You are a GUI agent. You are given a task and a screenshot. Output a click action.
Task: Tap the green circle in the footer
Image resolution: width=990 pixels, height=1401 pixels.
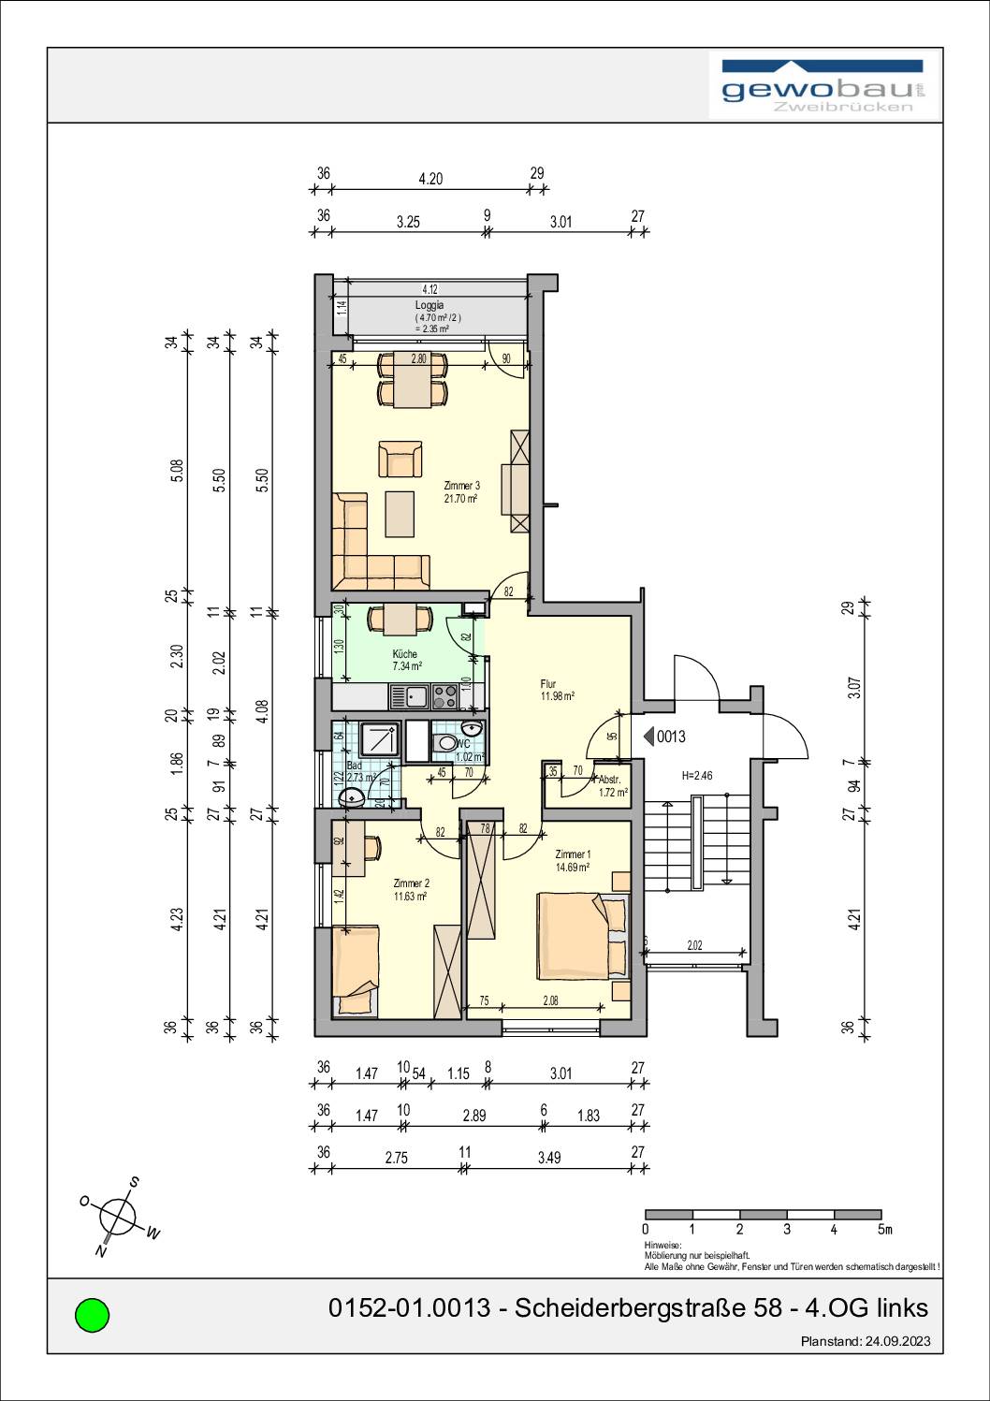[92, 1315]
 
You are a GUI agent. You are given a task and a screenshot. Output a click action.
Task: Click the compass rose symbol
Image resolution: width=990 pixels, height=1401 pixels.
[119, 1217]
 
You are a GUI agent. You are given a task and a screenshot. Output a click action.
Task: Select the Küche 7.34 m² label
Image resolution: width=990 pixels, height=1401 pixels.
[405, 660]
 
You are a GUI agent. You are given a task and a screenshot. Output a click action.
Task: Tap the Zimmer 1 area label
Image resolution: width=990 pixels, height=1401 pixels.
[572, 861]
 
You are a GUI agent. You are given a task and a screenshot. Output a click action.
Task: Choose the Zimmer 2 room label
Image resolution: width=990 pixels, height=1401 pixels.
[411, 889]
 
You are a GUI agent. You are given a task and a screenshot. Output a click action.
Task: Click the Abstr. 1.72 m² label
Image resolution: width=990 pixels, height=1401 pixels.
[612, 785]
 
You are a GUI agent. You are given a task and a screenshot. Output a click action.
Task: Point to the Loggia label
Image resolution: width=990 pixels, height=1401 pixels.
[429, 305]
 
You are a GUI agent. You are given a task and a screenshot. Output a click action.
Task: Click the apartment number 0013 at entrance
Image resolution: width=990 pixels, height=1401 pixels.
[671, 737]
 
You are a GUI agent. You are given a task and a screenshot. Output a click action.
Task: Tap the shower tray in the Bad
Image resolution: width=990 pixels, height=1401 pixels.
[373, 744]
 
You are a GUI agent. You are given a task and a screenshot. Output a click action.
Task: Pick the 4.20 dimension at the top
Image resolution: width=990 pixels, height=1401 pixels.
[430, 179]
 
